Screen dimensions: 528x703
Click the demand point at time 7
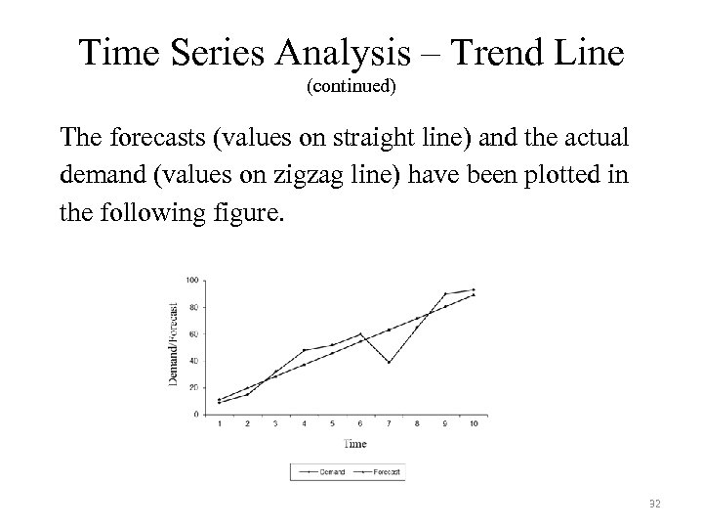[389, 363]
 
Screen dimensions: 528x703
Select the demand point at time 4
[304, 350]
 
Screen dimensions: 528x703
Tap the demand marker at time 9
[445, 293]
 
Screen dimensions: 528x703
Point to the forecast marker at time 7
[389, 330]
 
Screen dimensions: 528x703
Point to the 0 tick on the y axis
[196, 415]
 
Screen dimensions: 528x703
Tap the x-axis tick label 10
[474, 423]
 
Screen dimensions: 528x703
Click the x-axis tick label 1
[219, 423]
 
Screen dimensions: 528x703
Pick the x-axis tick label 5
[332, 423]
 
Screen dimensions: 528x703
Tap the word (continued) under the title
[351, 87]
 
